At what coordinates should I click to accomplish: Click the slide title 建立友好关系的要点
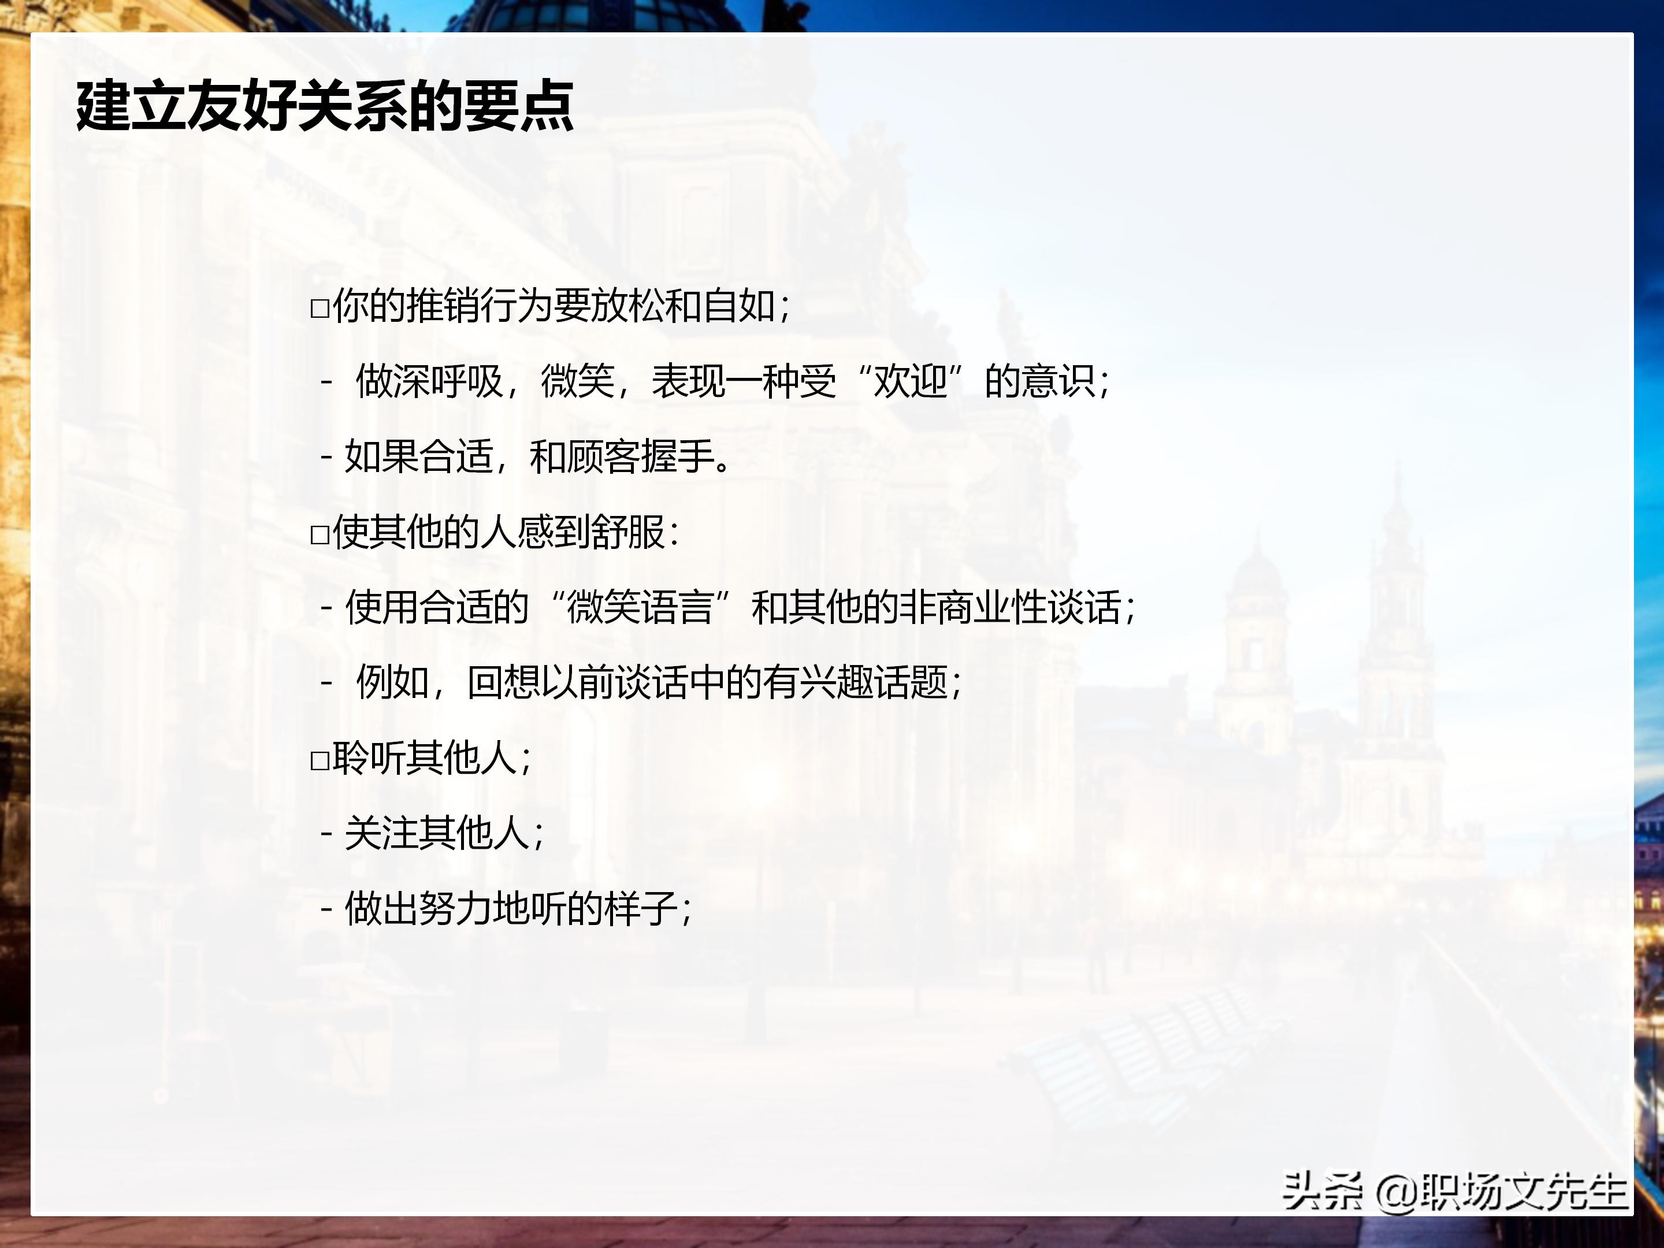[x=325, y=106]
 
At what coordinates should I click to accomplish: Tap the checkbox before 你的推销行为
[x=320, y=309]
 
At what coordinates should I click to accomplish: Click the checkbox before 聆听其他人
[x=320, y=760]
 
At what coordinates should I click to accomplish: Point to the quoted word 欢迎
[x=909, y=381]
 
